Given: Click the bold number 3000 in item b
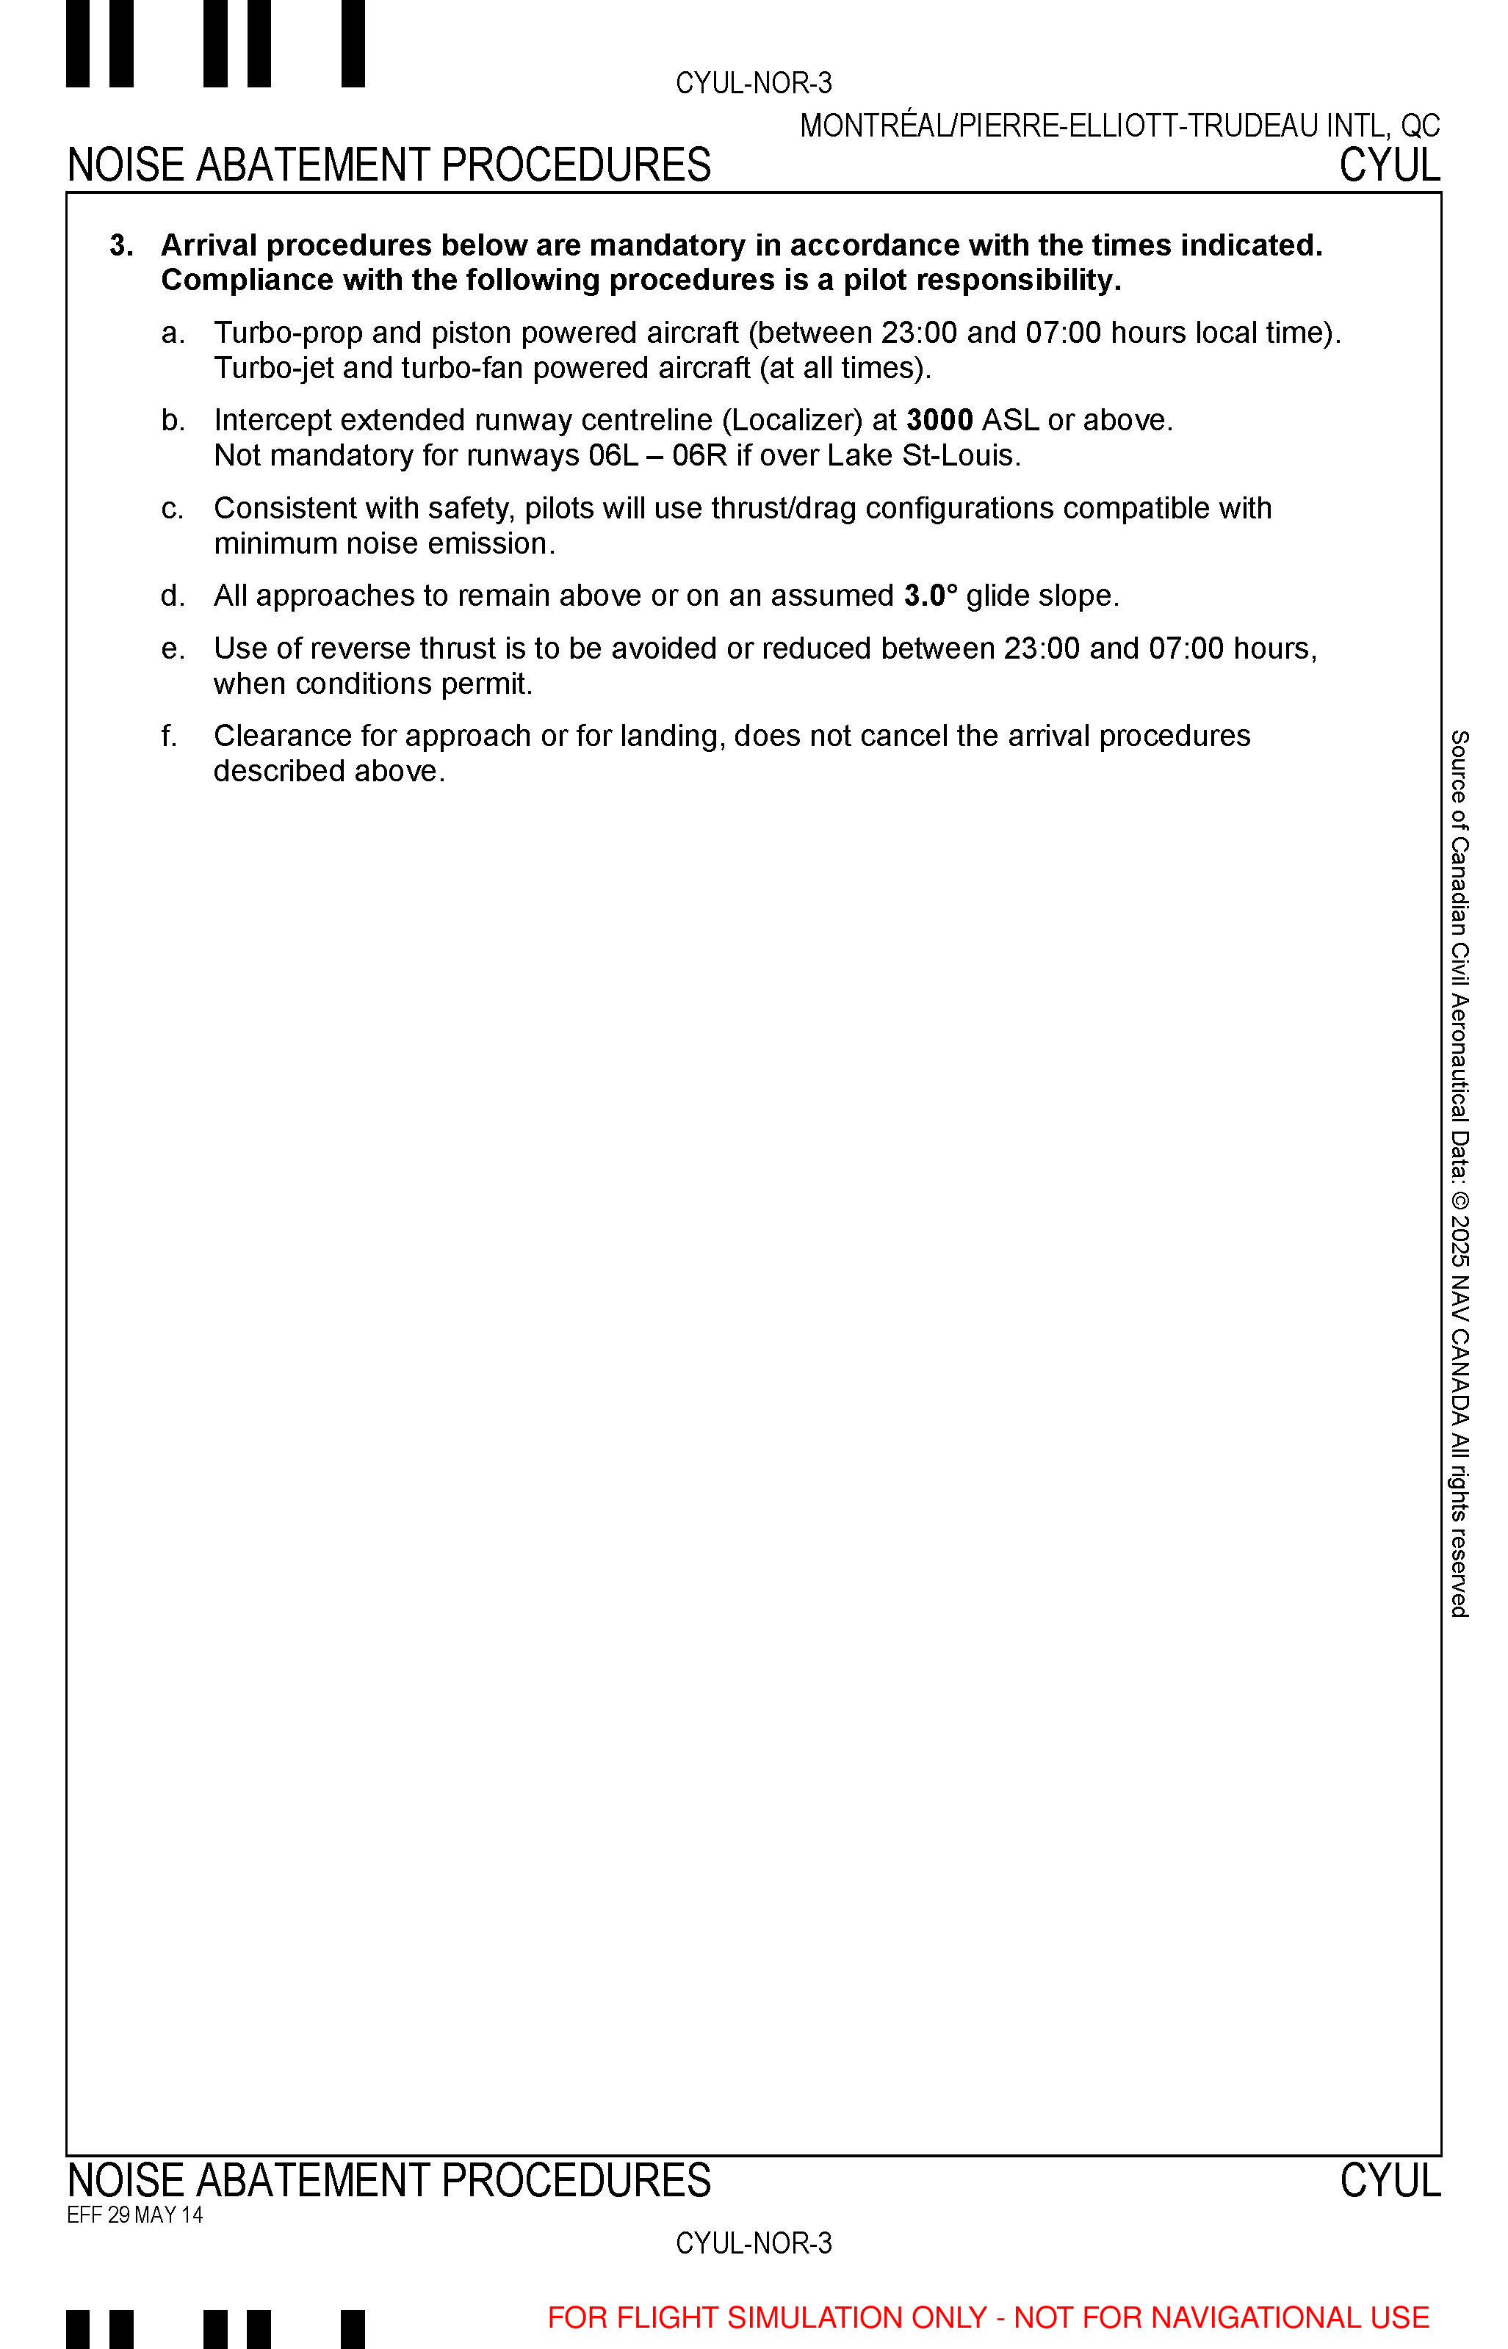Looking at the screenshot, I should point(939,421).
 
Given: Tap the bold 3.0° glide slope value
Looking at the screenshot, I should point(930,596).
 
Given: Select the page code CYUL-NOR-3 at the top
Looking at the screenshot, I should point(753,83).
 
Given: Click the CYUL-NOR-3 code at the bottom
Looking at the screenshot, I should point(753,2243).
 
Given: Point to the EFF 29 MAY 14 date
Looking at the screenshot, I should point(134,2215).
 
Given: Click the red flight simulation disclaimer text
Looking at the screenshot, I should point(988,2317).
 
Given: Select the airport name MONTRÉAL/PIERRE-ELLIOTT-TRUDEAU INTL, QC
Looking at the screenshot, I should point(1119,126).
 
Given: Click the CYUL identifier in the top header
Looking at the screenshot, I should point(1390,165).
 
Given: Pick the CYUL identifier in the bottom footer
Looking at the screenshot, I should point(1390,2181).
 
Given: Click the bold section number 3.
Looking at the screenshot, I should point(120,246).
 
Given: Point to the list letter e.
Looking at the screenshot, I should point(173,649).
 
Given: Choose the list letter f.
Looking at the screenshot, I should point(170,736).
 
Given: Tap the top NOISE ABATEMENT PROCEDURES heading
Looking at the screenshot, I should point(389,165).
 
